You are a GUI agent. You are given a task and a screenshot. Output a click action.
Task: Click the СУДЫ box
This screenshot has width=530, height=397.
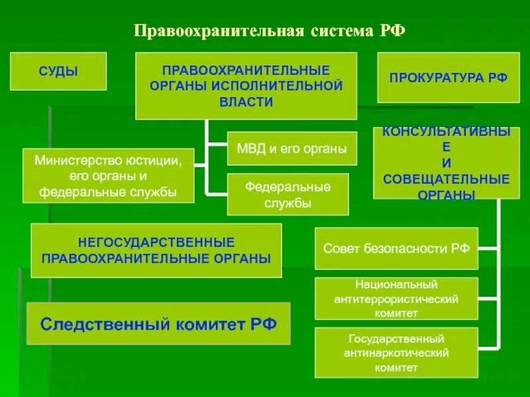[x=58, y=71]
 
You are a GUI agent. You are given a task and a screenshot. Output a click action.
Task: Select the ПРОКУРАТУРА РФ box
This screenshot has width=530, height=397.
[x=448, y=78]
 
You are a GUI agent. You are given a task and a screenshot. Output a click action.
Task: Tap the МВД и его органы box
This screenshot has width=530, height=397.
[x=291, y=149]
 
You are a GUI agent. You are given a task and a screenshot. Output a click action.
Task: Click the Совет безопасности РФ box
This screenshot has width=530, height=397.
[x=396, y=249]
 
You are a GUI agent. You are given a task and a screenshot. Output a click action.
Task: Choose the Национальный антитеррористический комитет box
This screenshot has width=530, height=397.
[x=396, y=298]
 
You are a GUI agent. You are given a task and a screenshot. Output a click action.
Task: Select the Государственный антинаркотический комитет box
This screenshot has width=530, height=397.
[x=396, y=352]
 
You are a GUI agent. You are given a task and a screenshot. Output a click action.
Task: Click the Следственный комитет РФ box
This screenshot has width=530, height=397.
[x=158, y=324]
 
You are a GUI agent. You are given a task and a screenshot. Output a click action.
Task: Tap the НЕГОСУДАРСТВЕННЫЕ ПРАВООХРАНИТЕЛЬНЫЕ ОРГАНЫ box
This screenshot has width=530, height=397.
[x=156, y=250]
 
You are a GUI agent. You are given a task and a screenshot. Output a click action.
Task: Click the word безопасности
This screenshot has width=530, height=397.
[x=404, y=249]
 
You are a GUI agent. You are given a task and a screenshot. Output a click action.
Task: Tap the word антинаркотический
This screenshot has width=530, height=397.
[x=396, y=353]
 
